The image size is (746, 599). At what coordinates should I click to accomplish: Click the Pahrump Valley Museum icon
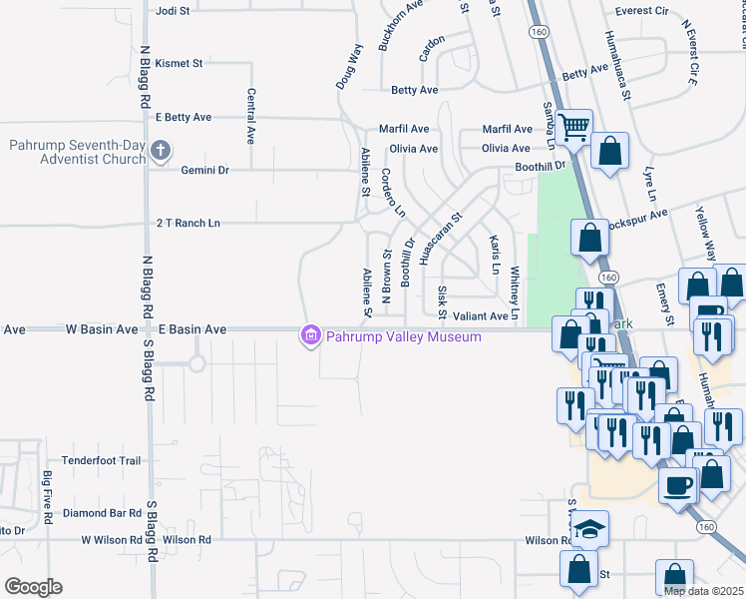tap(311, 336)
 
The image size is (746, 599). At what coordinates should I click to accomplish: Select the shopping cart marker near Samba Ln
tap(573, 127)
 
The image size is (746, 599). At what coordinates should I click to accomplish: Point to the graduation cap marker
tap(590, 528)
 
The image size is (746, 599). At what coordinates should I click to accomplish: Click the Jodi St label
tap(175, 11)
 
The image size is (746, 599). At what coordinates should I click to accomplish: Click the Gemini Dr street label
tap(205, 171)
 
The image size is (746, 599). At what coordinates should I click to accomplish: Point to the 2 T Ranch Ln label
tap(187, 224)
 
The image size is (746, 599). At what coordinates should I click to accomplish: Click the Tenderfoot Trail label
tap(102, 460)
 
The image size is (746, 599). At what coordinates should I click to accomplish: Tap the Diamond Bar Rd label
tap(102, 513)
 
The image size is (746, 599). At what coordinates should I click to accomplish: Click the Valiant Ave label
tap(481, 315)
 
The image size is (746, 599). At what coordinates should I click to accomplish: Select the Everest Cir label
tap(641, 11)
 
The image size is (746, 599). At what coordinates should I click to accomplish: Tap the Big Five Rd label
tap(47, 498)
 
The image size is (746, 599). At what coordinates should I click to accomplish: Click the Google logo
tap(33, 587)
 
